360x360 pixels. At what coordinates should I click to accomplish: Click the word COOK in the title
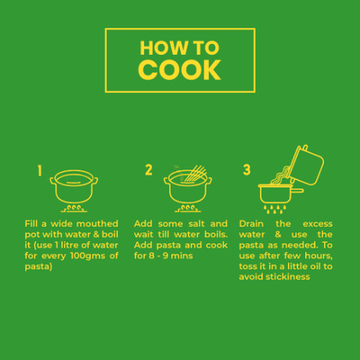(x=179, y=70)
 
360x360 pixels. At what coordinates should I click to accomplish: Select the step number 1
(x=40, y=171)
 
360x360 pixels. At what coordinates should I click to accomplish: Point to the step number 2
(x=148, y=170)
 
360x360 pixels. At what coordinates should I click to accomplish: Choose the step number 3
(x=247, y=169)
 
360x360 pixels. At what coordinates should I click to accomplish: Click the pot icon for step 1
(x=74, y=186)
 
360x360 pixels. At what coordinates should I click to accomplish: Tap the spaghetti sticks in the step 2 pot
(x=196, y=173)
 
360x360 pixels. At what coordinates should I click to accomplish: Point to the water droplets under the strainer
(x=274, y=209)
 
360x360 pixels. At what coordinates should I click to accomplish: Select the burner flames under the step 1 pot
(x=74, y=208)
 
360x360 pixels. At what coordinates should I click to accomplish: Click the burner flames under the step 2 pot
(x=187, y=208)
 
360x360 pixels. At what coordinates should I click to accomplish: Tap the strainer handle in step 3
(x=298, y=190)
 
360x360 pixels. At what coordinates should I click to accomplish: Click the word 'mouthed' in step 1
(x=97, y=223)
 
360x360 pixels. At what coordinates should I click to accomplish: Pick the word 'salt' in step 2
(x=196, y=223)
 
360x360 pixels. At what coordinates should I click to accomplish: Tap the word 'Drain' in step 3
(x=251, y=223)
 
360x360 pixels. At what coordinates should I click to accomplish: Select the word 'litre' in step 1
(x=69, y=245)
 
